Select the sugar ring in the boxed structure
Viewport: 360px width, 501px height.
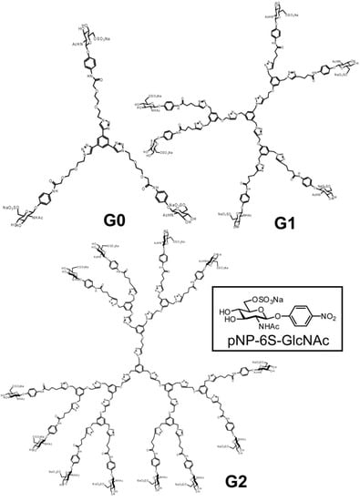(257, 312)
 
